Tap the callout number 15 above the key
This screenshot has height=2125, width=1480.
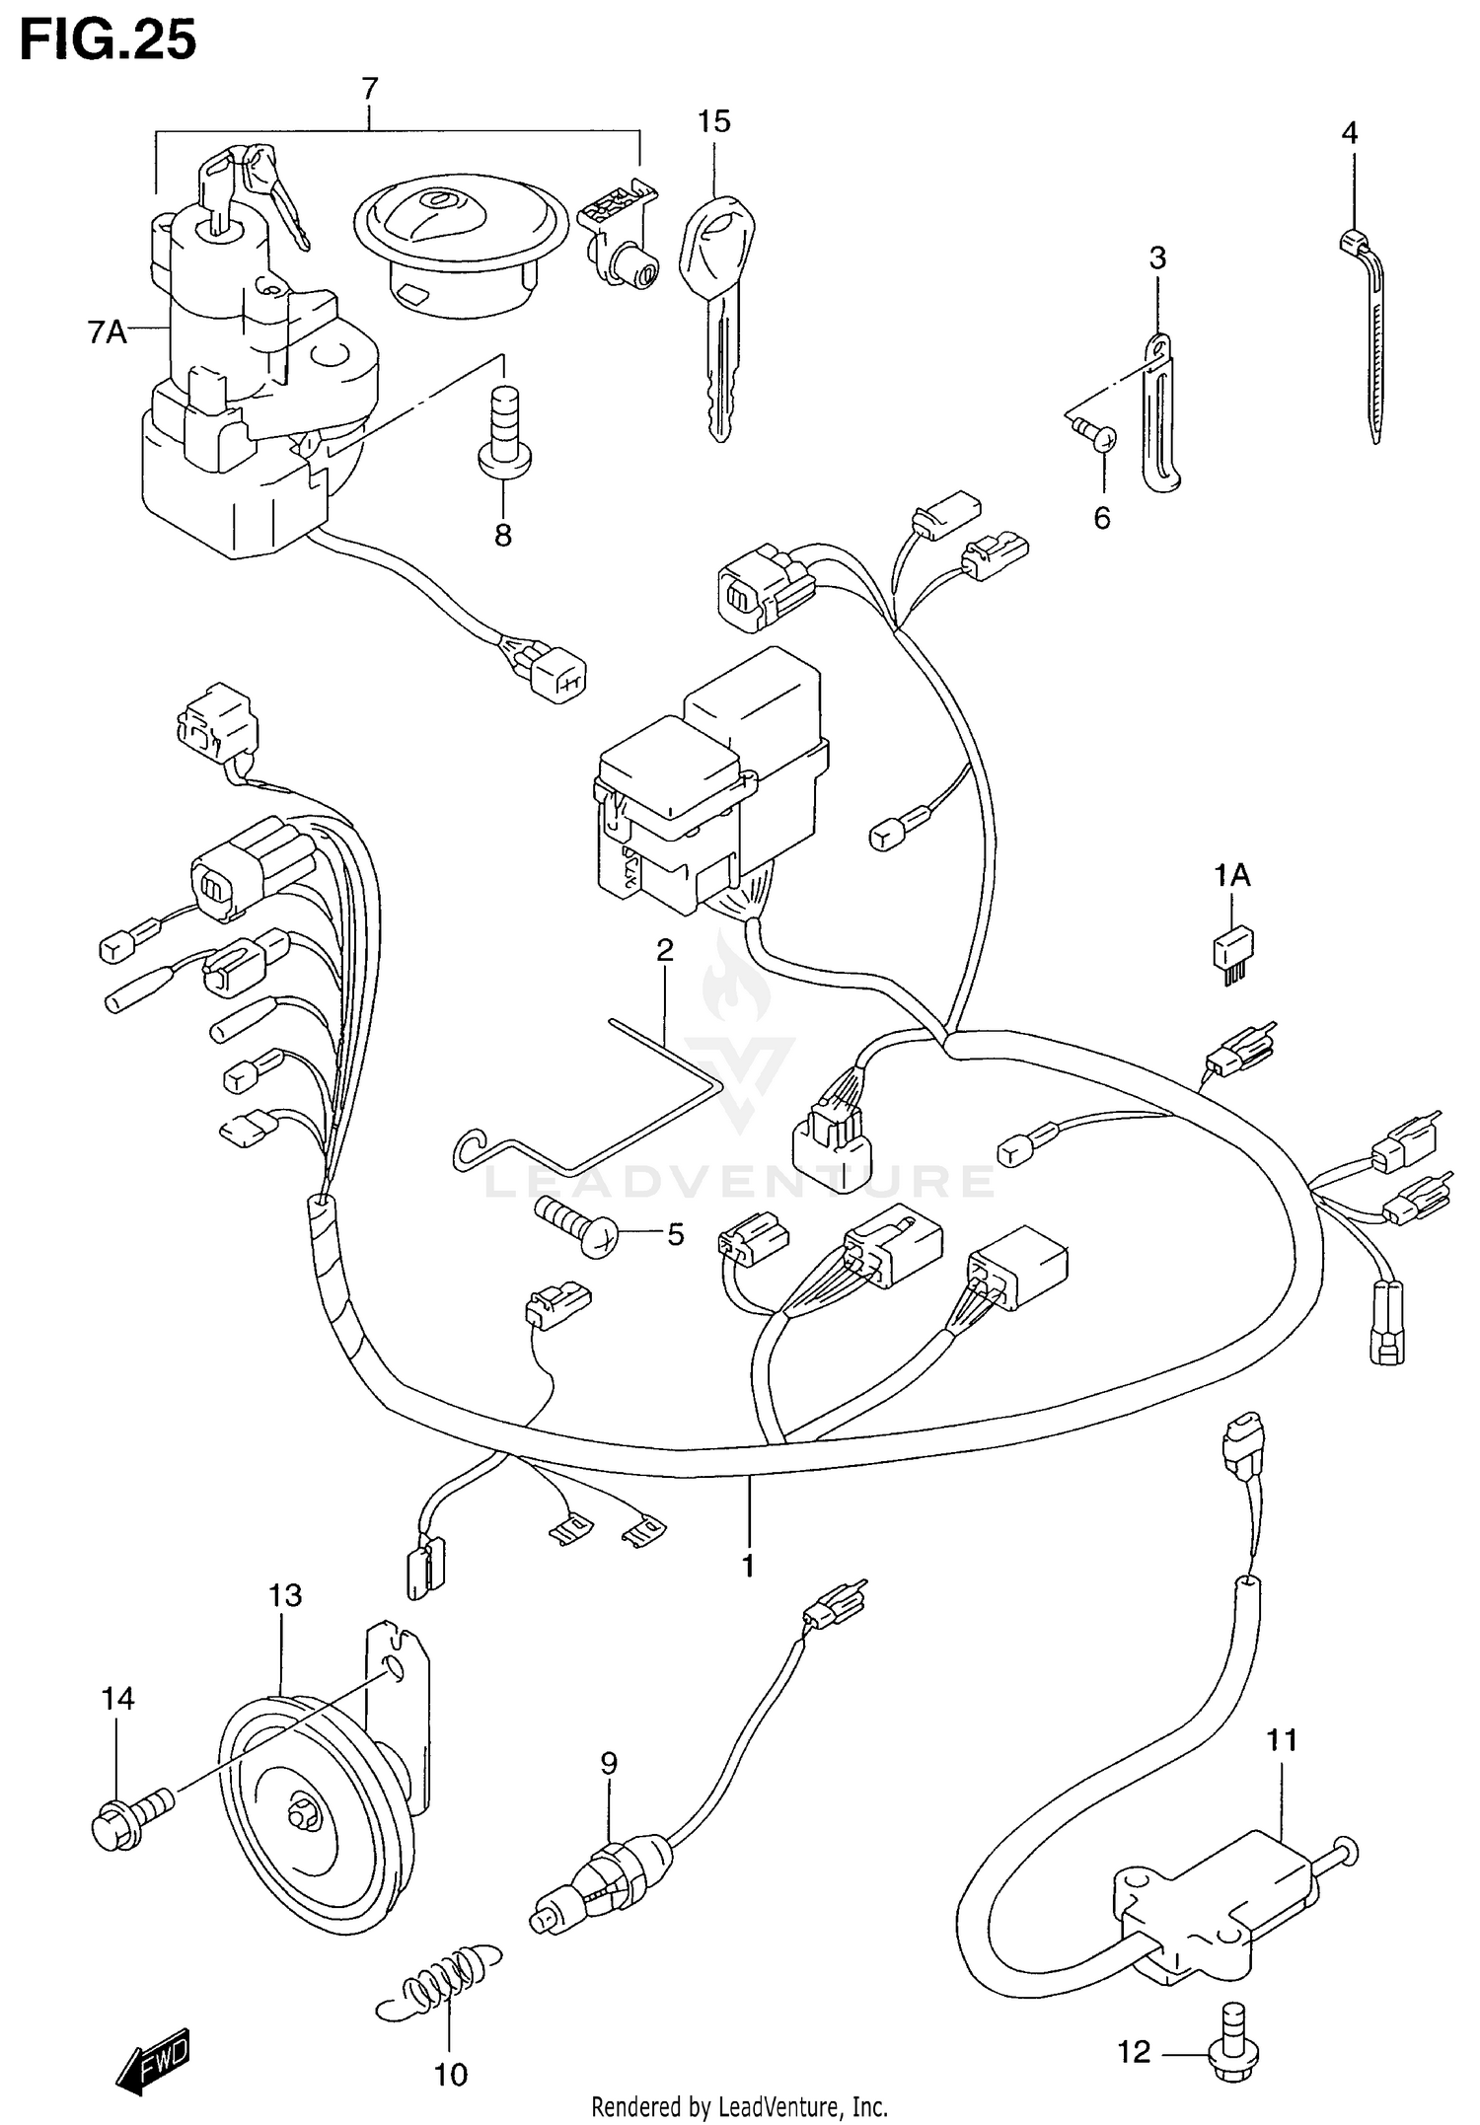click(713, 121)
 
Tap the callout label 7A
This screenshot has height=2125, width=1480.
click(107, 333)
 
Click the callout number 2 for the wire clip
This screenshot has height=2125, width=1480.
click(665, 950)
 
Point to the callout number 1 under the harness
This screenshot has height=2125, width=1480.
click(748, 1565)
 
